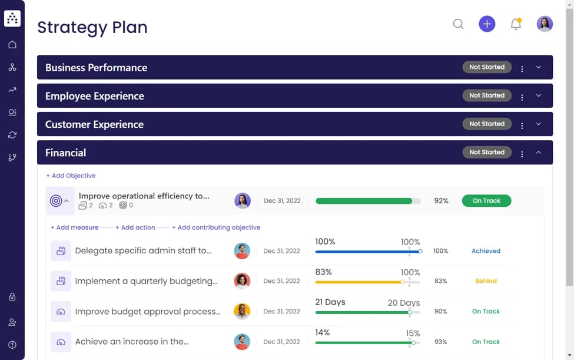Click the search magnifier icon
point(458,24)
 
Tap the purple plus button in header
point(487,24)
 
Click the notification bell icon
point(516,24)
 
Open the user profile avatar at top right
point(545,24)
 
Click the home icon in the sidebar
point(12,45)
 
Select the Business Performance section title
point(96,68)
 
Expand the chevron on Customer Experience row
point(538,124)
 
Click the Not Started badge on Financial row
point(487,153)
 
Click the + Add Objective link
point(71,176)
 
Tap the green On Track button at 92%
point(486,201)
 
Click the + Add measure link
point(74,227)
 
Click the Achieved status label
point(486,251)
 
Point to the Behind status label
point(486,281)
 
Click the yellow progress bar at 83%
point(359,282)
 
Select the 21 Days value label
point(330,302)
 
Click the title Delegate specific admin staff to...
point(143,251)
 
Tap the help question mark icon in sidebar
point(12,345)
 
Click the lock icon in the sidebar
point(12,297)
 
